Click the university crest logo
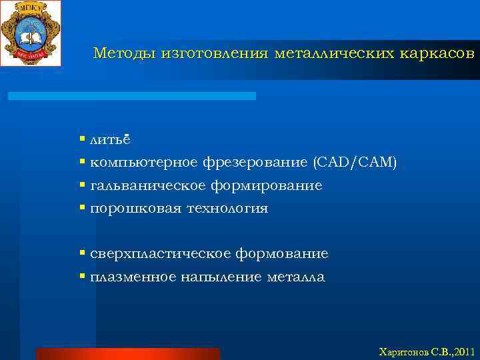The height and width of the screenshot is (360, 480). click(31, 33)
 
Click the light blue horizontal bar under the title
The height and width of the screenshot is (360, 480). click(131, 96)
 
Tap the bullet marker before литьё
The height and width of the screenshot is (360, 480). click(82, 139)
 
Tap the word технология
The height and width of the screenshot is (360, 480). click(227, 209)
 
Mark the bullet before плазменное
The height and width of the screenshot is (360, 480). click(82, 277)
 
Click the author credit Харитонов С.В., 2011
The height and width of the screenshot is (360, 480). click(426, 351)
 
